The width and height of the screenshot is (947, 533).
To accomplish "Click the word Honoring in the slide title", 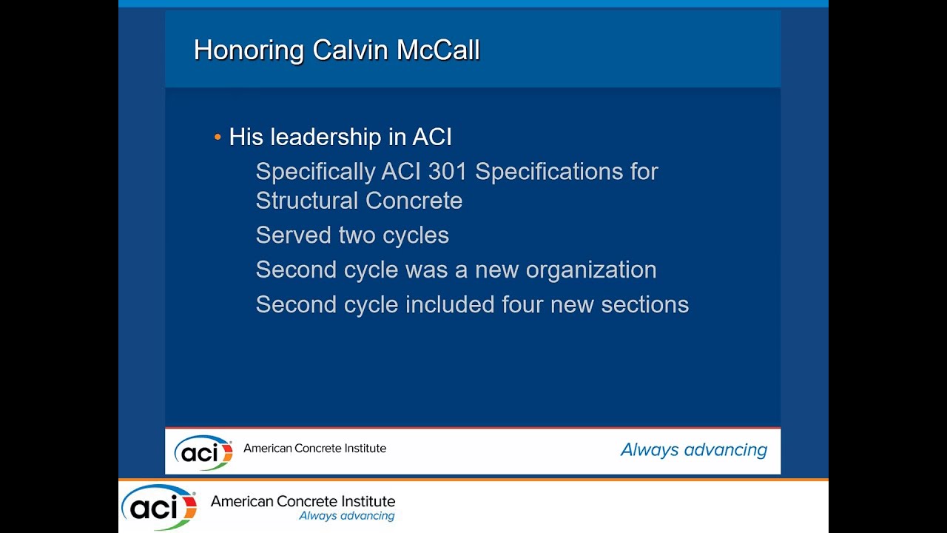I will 249,51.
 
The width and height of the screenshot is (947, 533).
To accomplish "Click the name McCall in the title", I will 438,51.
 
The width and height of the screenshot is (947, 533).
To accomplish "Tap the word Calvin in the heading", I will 350,51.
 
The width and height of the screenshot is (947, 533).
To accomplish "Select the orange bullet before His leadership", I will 218,138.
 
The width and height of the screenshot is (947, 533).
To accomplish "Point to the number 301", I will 448,172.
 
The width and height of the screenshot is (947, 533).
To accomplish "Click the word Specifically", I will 315,172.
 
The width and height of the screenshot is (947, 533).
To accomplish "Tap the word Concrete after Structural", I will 414,201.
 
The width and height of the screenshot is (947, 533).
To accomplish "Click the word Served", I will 294,235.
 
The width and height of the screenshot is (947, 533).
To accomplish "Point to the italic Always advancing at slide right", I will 693,450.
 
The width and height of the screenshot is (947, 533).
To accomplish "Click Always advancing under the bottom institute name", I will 346,516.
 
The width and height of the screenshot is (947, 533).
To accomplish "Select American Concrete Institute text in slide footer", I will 314,448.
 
